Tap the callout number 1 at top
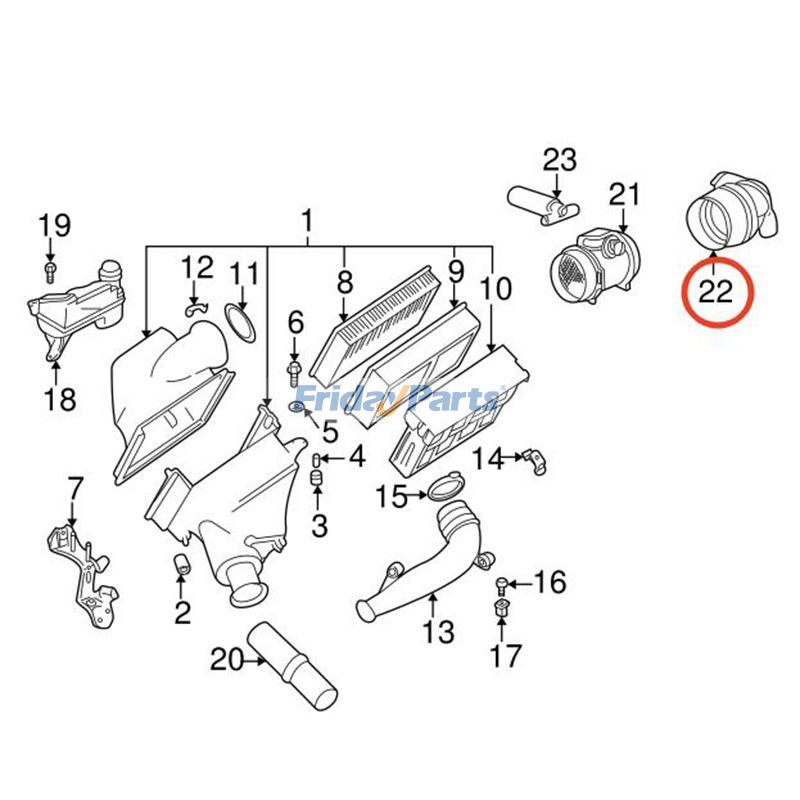[307, 220]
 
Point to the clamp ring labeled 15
[446, 490]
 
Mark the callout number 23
[560, 160]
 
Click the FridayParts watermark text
[399, 399]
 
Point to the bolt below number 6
[294, 372]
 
